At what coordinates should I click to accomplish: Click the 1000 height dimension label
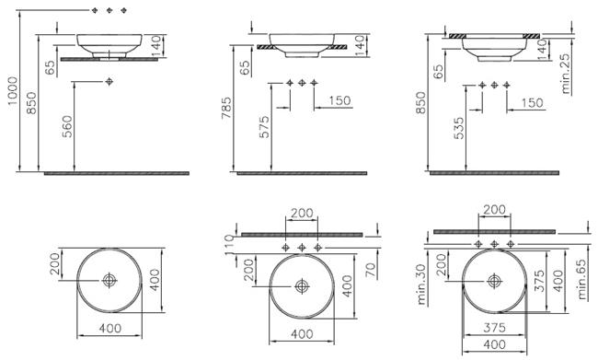(13, 91)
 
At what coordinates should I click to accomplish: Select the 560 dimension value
(67, 126)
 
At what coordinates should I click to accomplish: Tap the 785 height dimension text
(225, 108)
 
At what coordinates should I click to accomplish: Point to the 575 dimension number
(264, 127)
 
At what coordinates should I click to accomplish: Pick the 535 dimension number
(459, 128)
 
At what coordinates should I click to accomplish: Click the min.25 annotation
(566, 74)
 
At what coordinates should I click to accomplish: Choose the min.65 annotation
(581, 280)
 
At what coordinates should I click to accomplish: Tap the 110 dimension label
(228, 245)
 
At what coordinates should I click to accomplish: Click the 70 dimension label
(371, 271)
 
